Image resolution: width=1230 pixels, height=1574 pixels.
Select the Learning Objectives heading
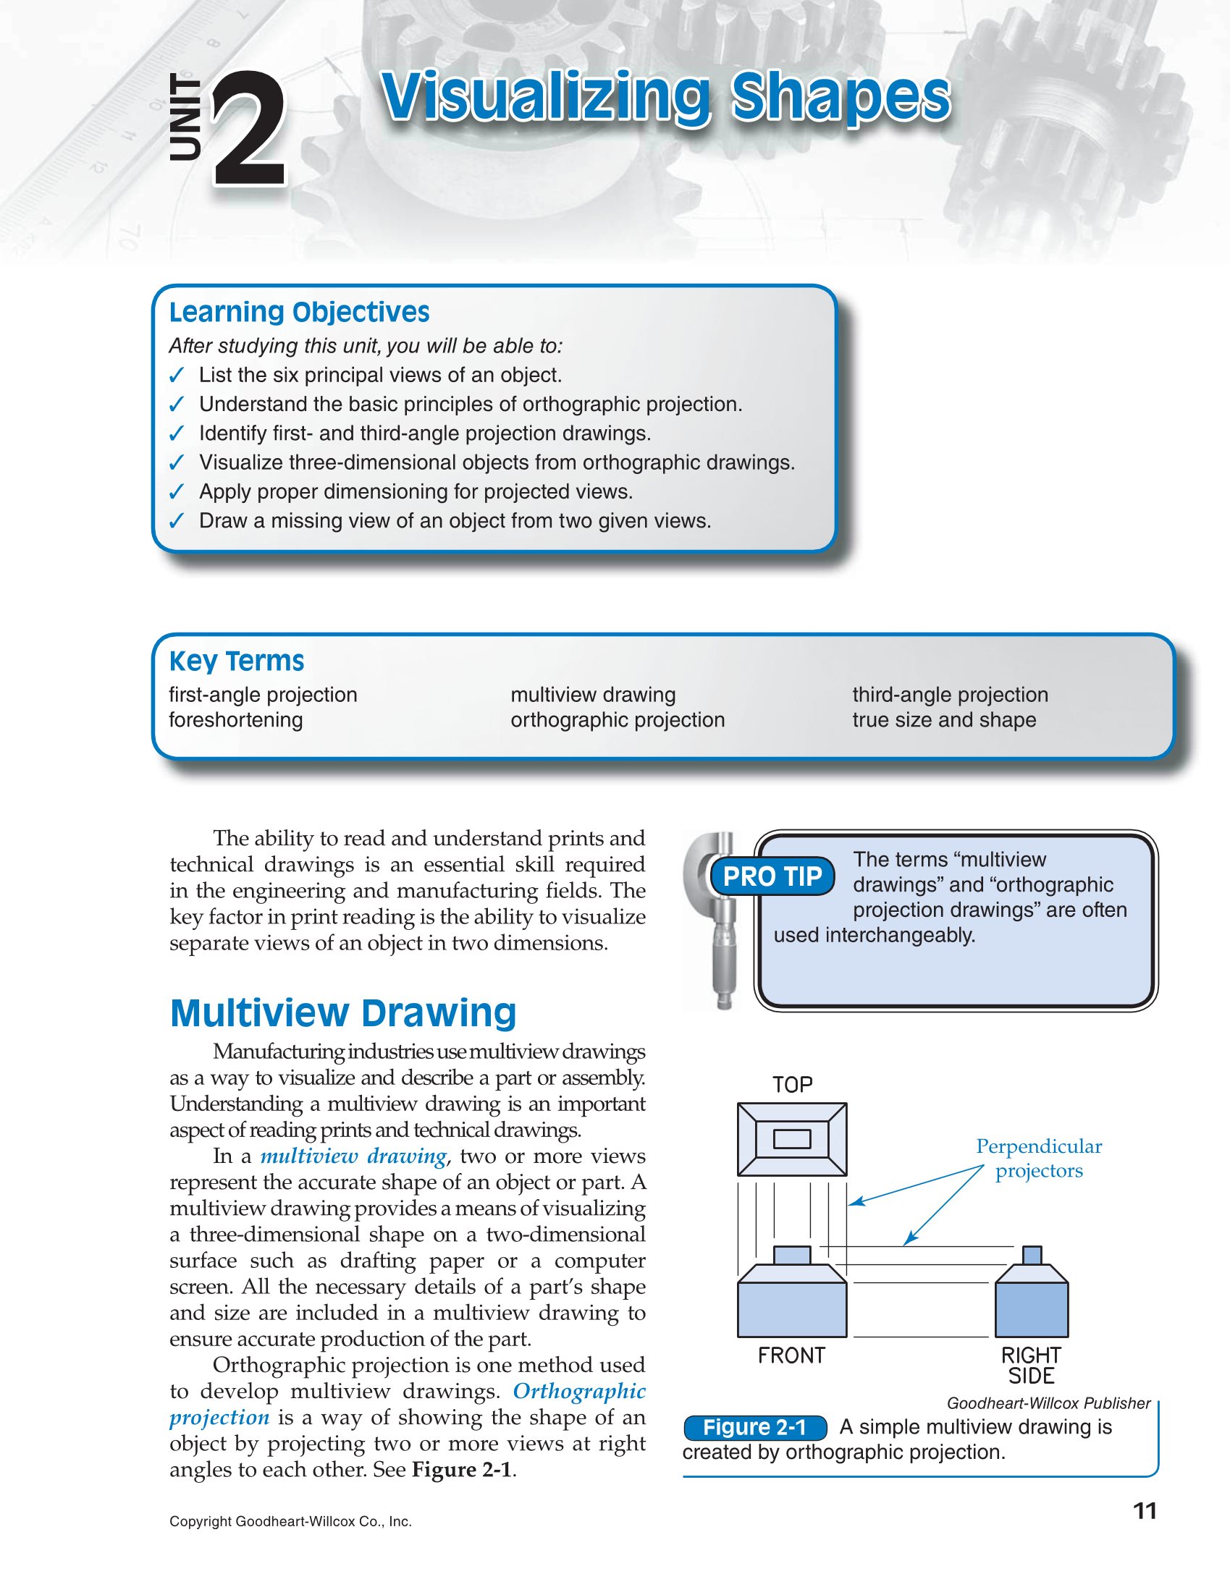[299, 313]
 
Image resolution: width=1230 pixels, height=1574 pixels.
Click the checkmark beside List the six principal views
[177, 376]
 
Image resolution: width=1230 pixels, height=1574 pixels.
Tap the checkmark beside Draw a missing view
[177, 521]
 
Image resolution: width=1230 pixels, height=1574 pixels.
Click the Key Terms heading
[237, 661]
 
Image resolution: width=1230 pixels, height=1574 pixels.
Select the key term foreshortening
[236, 720]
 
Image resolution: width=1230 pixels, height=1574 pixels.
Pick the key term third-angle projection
[950, 695]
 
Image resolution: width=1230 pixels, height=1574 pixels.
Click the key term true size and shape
[944, 720]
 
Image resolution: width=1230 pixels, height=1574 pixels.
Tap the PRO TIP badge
[772, 876]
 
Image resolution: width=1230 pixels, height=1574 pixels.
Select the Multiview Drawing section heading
[343, 1012]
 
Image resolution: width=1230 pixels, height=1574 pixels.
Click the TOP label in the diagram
[792, 1085]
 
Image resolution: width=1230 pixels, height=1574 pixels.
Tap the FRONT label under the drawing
[791, 1355]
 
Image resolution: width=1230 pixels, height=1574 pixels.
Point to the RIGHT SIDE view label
[1032, 1366]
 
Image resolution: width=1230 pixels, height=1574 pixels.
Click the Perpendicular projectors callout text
[1039, 1159]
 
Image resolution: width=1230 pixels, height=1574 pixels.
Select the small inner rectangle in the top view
[792, 1139]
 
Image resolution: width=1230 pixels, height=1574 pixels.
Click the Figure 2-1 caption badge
[755, 1427]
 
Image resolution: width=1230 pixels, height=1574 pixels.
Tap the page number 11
[1145, 1511]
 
